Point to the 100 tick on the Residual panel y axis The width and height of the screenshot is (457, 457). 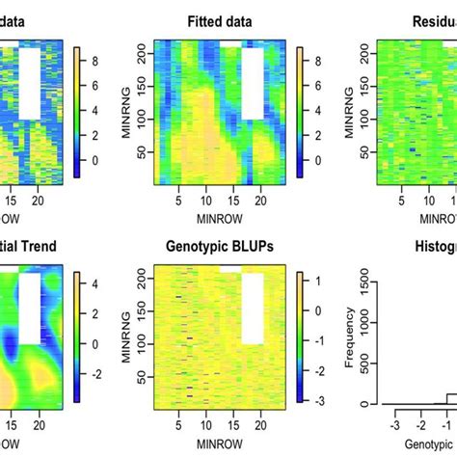370,121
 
